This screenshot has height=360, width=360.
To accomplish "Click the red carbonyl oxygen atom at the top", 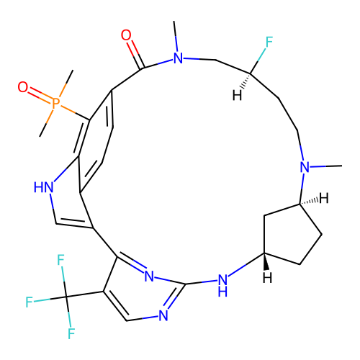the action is [126, 35].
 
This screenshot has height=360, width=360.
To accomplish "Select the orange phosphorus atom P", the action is [55, 104].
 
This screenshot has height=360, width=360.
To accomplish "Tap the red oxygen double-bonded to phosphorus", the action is [23, 86].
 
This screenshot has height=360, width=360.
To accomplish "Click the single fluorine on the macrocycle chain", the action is [269, 42].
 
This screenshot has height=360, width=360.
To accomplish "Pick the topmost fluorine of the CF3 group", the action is [60, 260].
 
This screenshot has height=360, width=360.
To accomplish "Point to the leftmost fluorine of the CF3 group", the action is [29, 302].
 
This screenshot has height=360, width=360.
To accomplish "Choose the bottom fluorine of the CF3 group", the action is [71, 333].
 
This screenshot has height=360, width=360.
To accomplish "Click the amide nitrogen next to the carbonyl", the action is [178, 58].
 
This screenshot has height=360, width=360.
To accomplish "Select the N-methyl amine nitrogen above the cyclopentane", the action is [305, 167].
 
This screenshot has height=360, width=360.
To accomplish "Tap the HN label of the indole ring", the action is [43, 187].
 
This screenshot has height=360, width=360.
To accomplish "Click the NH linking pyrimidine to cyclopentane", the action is [222, 286].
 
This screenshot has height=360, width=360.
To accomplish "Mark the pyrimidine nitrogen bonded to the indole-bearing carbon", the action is [149, 276].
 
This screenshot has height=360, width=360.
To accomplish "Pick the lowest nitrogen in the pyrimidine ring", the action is [163, 315].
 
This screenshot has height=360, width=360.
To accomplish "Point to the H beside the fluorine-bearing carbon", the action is [237, 96].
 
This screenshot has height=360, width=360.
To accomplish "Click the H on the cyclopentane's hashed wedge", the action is [323, 199].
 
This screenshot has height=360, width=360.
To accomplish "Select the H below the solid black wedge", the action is [267, 278].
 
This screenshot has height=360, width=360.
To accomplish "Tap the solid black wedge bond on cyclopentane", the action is [265, 261].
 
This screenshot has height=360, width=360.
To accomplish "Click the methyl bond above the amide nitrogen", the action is [176, 36].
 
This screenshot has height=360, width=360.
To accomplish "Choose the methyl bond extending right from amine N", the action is [326, 166].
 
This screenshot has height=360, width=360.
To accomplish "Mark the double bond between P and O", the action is [40, 95].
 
